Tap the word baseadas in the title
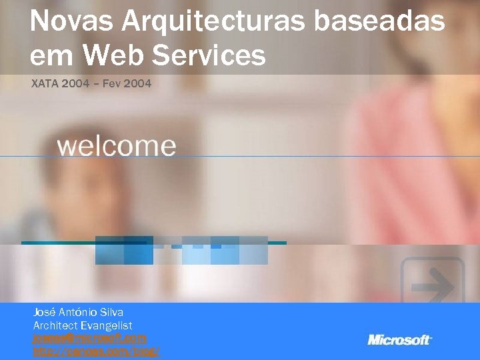click(x=379, y=22)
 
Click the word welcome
click(x=117, y=146)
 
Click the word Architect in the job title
click(x=55, y=325)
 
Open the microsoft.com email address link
click(x=89, y=339)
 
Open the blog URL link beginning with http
click(x=96, y=351)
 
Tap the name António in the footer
click(x=77, y=312)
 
